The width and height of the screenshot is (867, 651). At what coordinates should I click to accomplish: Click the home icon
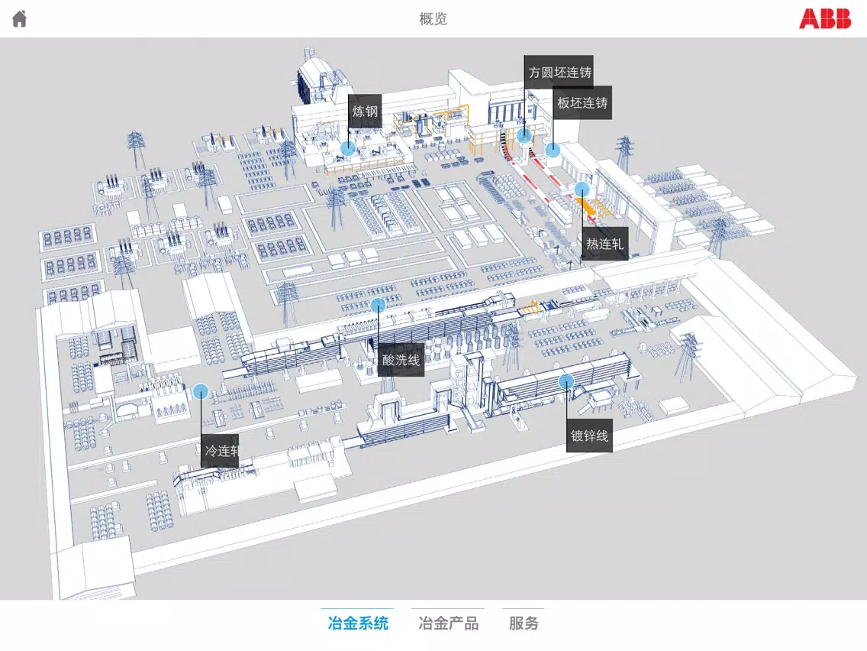click(20, 19)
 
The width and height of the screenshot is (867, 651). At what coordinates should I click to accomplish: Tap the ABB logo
click(824, 18)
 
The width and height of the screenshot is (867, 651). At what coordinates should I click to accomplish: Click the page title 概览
click(433, 19)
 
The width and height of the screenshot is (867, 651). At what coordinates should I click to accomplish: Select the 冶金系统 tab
click(358, 623)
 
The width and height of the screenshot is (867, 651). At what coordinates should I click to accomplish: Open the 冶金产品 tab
click(449, 623)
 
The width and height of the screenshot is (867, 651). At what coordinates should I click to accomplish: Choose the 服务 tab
click(524, 623)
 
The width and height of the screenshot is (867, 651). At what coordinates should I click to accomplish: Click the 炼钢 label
click(365, 112)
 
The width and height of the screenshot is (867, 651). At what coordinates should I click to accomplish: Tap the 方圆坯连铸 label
click(559, 72)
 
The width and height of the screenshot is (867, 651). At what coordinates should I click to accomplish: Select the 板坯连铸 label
click(582, 102)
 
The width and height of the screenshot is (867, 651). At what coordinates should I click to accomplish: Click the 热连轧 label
click(604, 244)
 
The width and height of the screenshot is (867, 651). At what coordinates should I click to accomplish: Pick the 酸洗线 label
click(401, 361)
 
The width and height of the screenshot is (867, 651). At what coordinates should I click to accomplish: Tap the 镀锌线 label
click(589, 436)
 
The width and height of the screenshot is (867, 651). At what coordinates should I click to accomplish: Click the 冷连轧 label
click(220, 451)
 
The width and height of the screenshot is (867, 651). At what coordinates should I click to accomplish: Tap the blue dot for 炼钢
click(348, 148)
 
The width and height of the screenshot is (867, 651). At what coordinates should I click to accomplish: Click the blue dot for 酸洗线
click(378, 304)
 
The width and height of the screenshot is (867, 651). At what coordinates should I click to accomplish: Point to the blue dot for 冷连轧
click(201, 391)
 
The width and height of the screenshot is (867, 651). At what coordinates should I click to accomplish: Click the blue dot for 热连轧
click(582, 189)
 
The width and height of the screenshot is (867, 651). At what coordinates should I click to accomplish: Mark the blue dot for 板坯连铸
click(553, 150)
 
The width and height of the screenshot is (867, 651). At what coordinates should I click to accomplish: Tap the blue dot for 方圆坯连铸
click(524, 134)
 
